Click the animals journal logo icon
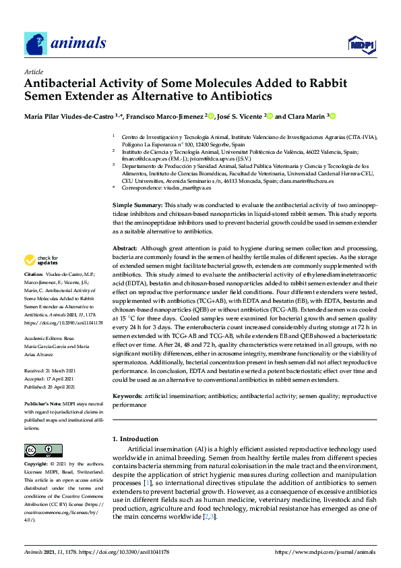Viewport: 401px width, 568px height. point(36,43)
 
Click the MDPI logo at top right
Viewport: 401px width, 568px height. point(361,45)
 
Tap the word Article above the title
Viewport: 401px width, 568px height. point(33,72)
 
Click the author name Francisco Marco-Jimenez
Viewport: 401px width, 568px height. point(166,116)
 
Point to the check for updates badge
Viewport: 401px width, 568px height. point(40,260)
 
